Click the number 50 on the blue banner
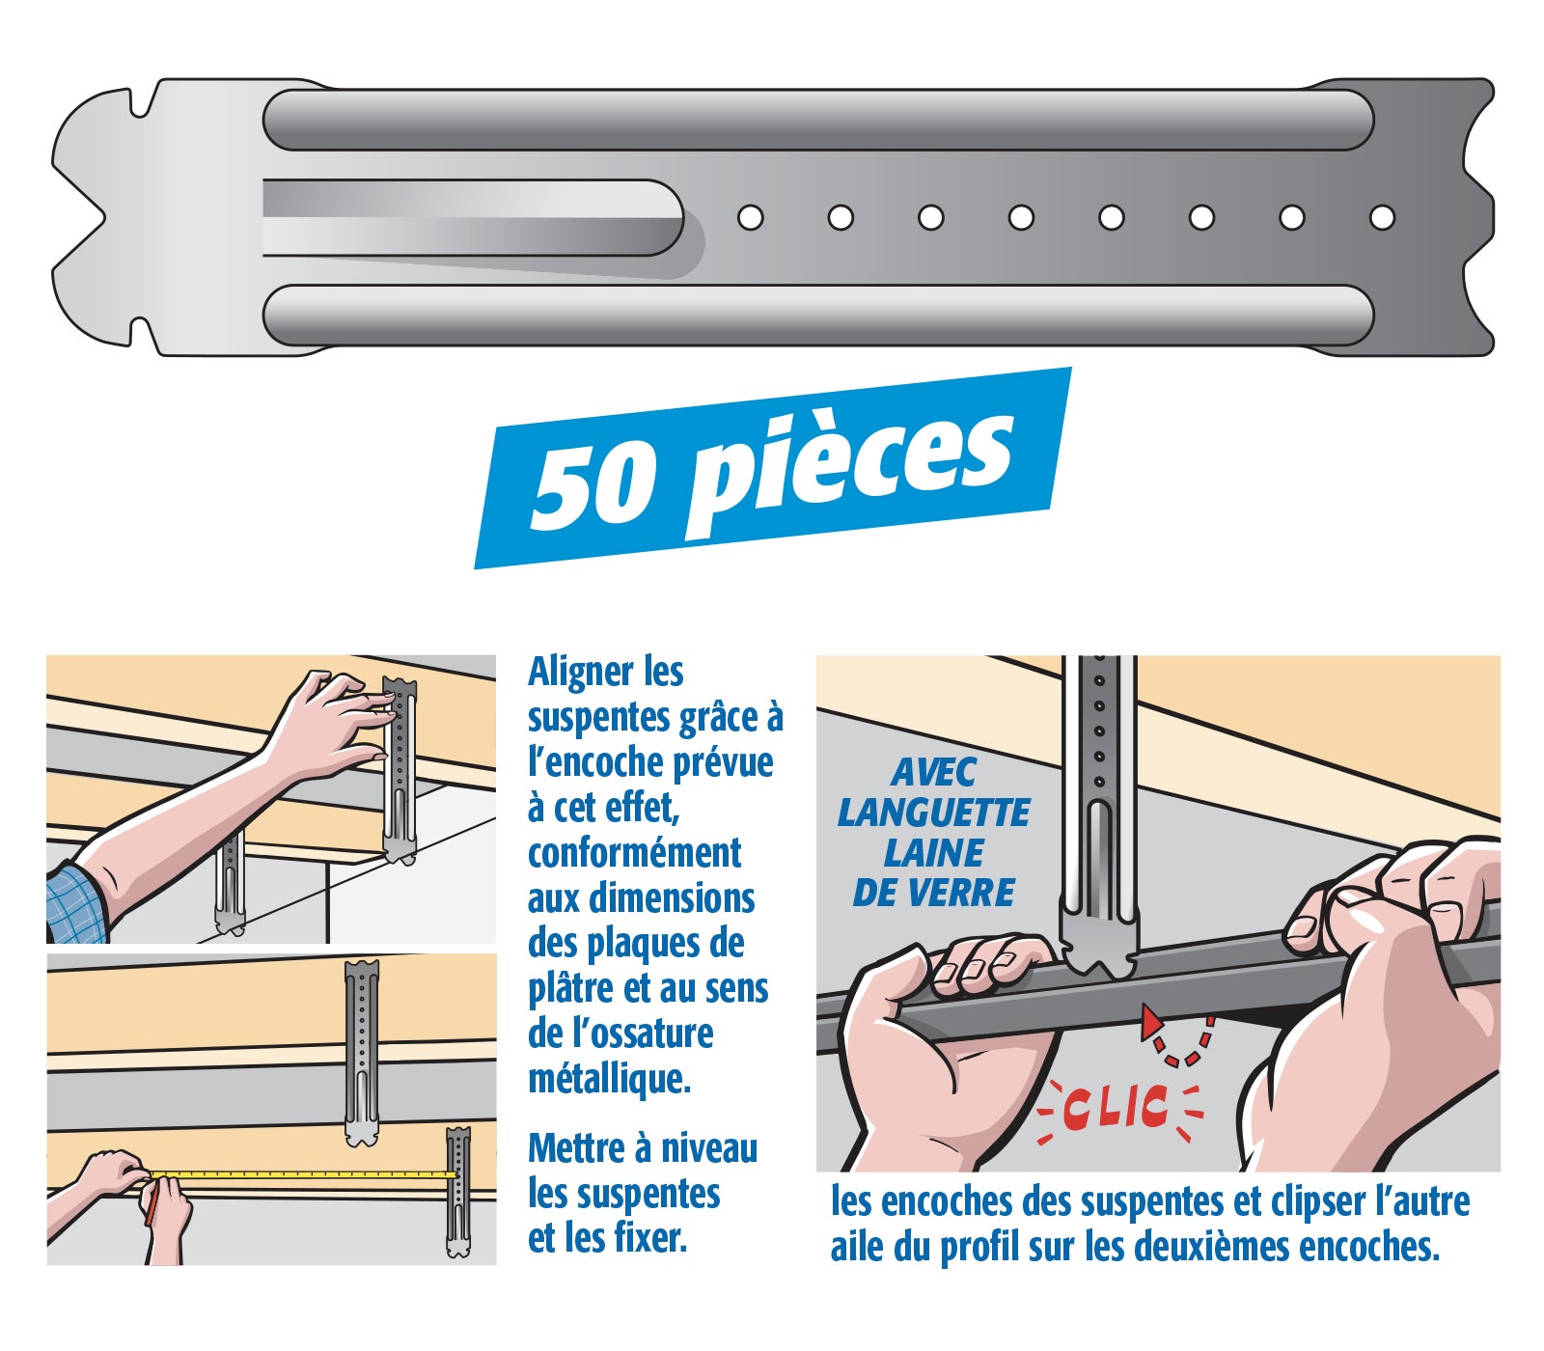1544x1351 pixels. tap(591, 484)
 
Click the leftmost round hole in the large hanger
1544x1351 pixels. tap(750, 217)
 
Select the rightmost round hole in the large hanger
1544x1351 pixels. tap(1382, 217)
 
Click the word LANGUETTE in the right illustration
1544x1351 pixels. tap(933, 813)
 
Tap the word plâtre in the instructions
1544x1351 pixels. tap(569, 989)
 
